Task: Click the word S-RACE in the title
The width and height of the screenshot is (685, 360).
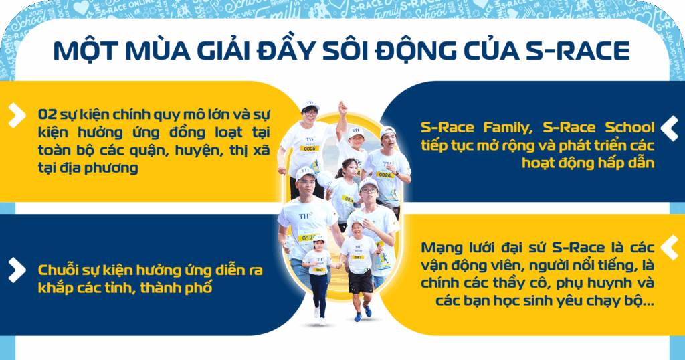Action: (577, 51)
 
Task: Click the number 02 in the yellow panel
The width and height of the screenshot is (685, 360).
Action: (47, 114)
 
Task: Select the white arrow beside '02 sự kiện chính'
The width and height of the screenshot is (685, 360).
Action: (17, 115)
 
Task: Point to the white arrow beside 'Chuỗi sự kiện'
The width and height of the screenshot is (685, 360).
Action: (17, 270)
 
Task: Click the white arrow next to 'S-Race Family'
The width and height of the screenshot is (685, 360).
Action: (669, 128)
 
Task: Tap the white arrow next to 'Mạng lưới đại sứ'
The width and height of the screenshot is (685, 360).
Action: (669, 248)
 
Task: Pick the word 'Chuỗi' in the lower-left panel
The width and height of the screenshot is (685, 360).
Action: (55, 270)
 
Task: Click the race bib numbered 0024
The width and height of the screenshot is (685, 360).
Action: (385, 175)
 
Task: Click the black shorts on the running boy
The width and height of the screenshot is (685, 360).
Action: (360, 282)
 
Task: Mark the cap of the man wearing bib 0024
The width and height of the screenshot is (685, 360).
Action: (387, 131)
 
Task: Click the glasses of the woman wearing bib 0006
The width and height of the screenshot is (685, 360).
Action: (310, 114)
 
